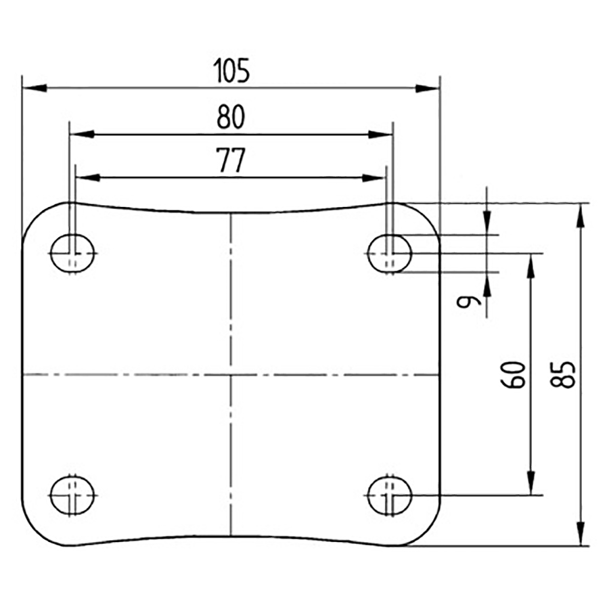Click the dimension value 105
[x=231, y=70]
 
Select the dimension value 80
[x=231, y=117]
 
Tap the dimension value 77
[x=231, y=161]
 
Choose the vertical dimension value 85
[x=566, y=374]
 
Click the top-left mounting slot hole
[x=74, y=254]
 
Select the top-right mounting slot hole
[x=390, y=254]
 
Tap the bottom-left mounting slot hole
[x=74, y=495]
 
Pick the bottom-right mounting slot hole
[x=390, y=495]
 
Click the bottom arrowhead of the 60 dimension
[x=532, y=484]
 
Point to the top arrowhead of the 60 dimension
[x=532, y=265]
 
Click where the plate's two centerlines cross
[x=231, y=374]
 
